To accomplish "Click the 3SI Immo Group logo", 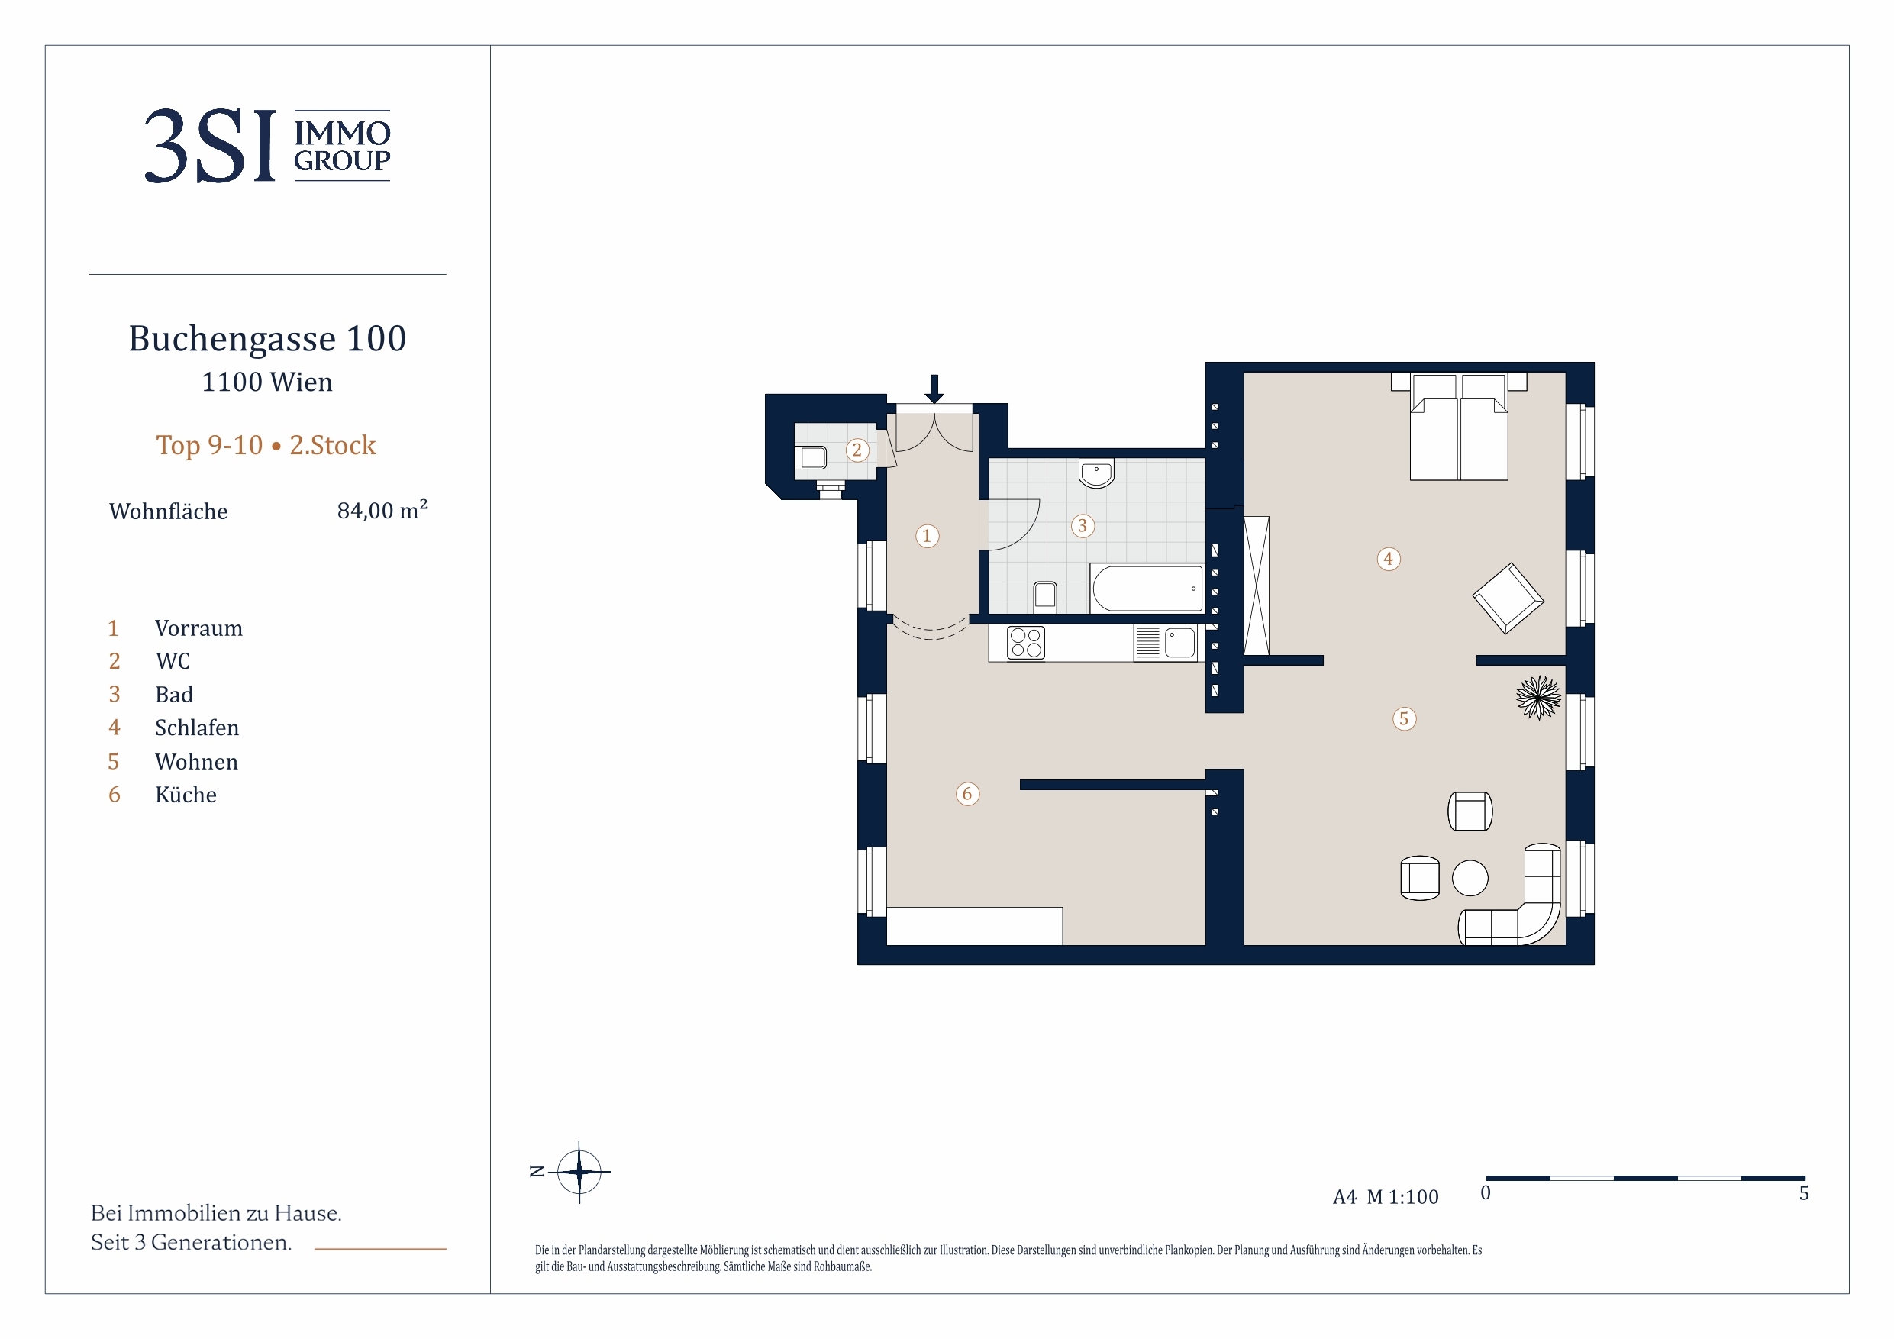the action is pos(267,146).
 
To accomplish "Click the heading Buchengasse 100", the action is pos(267,338).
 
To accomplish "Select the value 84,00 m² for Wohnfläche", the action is pos(382,510).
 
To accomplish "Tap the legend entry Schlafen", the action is pos(196,728).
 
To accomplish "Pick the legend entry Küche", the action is pos(186,795).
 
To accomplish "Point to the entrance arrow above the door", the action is pos(934,389).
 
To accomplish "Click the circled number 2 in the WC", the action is pos(857,450).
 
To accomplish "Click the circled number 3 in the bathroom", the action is pos(1083,525).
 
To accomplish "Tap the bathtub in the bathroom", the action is pos(1147,589).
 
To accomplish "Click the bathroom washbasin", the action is pos(1096,474).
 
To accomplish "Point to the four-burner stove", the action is pos(1025,644).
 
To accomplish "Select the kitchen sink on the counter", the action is pos(1179,643).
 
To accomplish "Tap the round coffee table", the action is pos(1470,878).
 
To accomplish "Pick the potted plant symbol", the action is pos(1538,697).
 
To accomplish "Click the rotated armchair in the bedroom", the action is pos(1508,599).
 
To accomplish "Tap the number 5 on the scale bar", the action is pos(1804,1193).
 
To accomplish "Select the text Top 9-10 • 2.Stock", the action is pos(266,446).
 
